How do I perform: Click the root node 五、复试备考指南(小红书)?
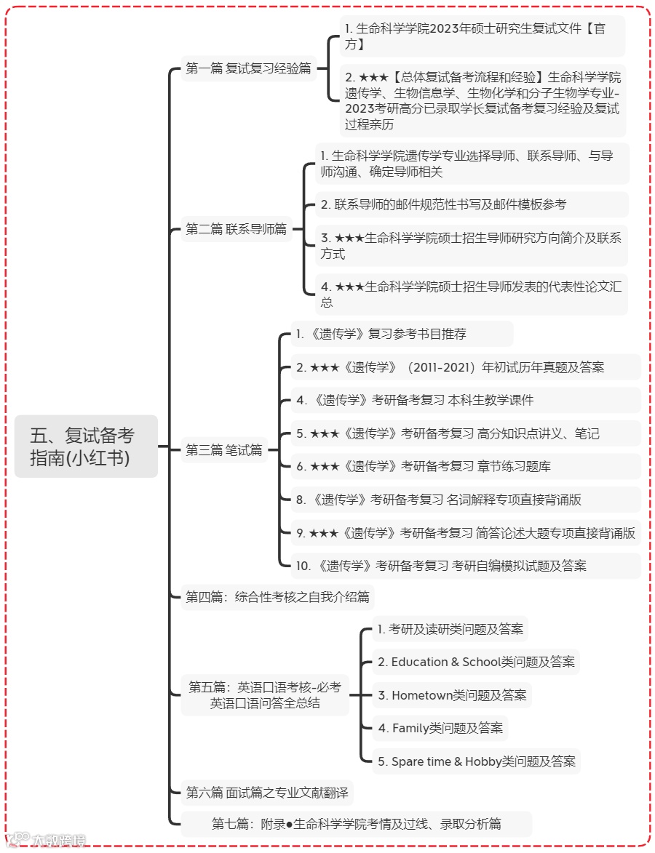coord(86,446)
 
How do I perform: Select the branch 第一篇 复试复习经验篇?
coord(248,68)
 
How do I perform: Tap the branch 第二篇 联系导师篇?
coord(236,229)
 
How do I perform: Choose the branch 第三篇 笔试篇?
coord(224,450)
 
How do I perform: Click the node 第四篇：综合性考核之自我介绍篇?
coord(277,597)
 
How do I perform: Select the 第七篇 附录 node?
coord(356,824)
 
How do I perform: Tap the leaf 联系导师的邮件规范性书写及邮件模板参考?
coord(443,204)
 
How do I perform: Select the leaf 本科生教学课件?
coord(415,400)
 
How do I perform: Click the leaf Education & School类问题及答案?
coord(476,662)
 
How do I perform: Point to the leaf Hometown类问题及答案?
coord(452,695)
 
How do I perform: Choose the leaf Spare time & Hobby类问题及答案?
coord(477,761)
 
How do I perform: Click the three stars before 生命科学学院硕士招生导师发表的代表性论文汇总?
coord(349,287)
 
